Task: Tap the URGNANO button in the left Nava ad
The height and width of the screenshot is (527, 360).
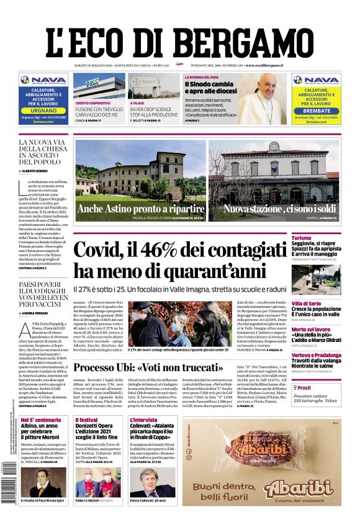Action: [43, 110]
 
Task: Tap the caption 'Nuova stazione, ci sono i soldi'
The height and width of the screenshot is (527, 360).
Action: [279, 209]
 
